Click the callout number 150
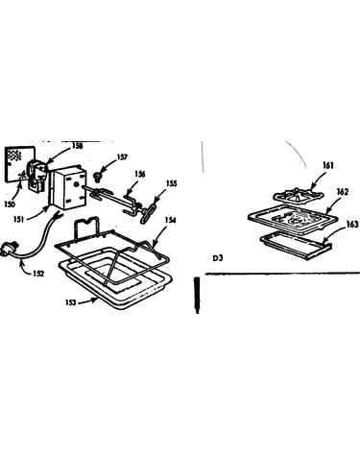(10, 204)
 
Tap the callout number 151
(18, 219)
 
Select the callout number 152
(37, 274)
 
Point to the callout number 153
(71, 301)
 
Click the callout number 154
(170, 220)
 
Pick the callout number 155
(171, 183)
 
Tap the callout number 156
(139, 174)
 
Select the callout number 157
(122, 156)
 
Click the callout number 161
(328, 165)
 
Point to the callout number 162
(343, 192)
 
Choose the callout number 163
(352, 225)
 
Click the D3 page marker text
(218, 258)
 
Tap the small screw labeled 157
(96, 176)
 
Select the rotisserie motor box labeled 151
(69, 188)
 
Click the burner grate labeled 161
(298, 194)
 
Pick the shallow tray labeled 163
(296, 247)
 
